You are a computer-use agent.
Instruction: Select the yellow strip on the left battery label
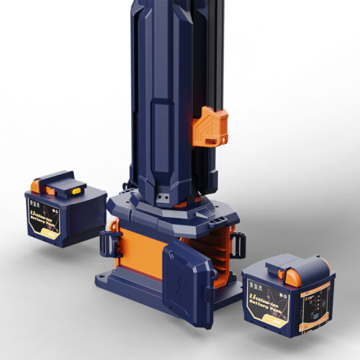(51, 232)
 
